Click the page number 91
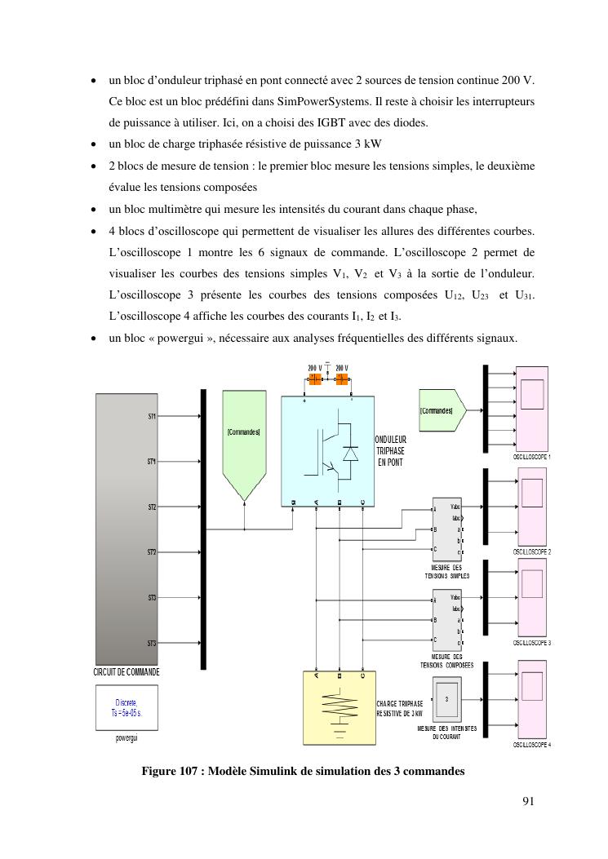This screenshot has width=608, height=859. [x=527, y=800]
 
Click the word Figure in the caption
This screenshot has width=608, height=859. [x=160, y=771]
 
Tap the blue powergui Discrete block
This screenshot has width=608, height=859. [x=126, y=706]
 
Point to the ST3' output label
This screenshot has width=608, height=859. [x=152, y=644]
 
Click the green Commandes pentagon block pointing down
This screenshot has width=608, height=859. [x=244, y=445]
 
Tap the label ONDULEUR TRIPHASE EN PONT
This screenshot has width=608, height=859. [x=391, y=451]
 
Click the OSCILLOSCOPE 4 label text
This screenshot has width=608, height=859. [x=531, y=745]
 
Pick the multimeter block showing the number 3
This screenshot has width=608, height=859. [x=446, y=699]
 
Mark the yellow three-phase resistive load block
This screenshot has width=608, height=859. [x=339, y=709]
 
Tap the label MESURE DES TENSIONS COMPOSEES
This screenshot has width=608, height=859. [x=446, y=661]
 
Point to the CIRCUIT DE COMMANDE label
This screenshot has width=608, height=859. [x=126, y=672]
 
